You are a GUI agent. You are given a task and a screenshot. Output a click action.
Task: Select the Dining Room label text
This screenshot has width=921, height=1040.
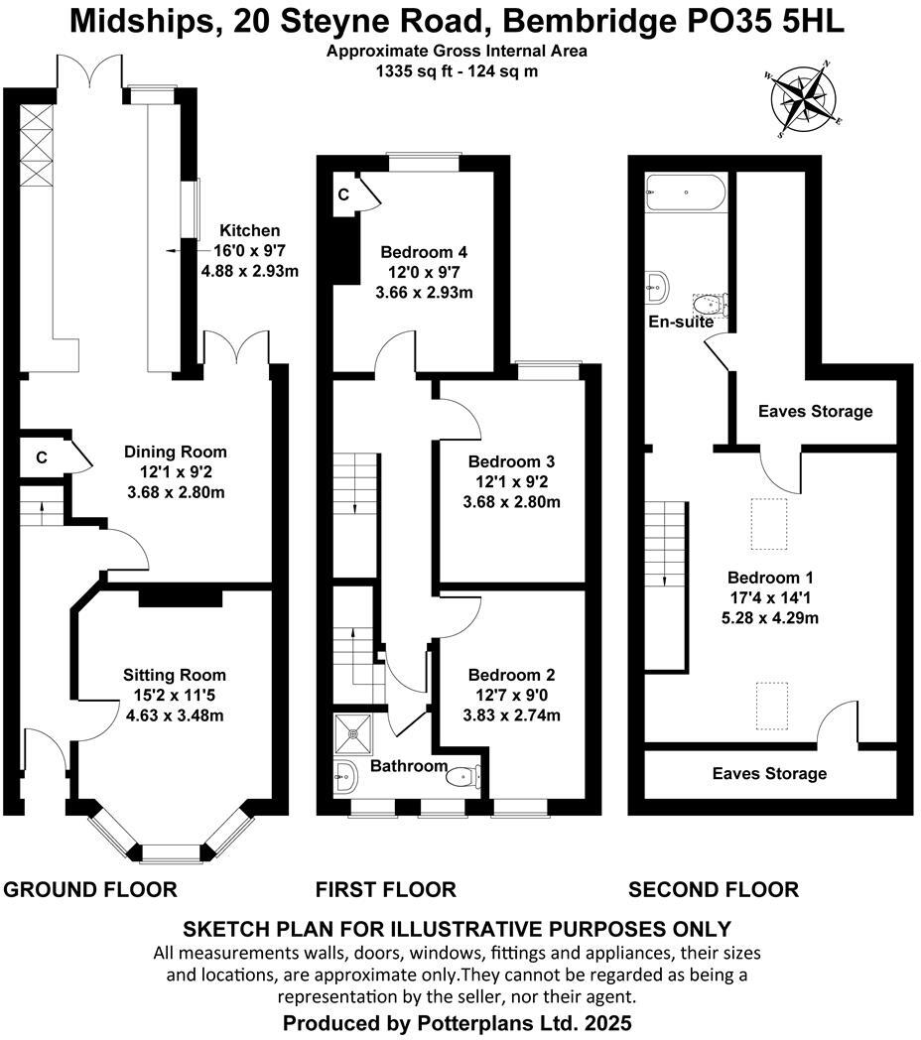pyautogui.click(x=175, y=453)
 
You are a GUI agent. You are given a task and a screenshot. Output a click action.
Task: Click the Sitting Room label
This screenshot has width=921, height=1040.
pyautogui.click(x=175, y=676)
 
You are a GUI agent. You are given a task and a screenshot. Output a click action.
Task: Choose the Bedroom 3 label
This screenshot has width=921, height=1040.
pyautogui.click(x=511, y=461)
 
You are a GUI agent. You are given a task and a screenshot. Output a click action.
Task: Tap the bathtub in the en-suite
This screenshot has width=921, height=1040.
pyautogui.click(x=687, y=191)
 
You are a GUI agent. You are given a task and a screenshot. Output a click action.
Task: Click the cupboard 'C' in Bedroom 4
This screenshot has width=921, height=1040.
pyautogui.click(x=343, y=195)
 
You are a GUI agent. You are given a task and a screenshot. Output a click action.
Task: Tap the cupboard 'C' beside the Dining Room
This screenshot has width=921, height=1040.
pyautogui.click(x=42, y=457)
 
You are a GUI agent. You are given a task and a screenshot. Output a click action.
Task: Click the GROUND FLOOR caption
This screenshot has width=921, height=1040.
pyautogui.click(x=90, y=889)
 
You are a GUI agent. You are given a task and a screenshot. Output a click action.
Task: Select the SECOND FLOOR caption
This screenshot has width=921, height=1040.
pyautogui.click(x=713, y=889)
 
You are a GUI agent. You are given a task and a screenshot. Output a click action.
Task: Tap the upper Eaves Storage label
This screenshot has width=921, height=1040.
pyautogui.click(x=815, y=411)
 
